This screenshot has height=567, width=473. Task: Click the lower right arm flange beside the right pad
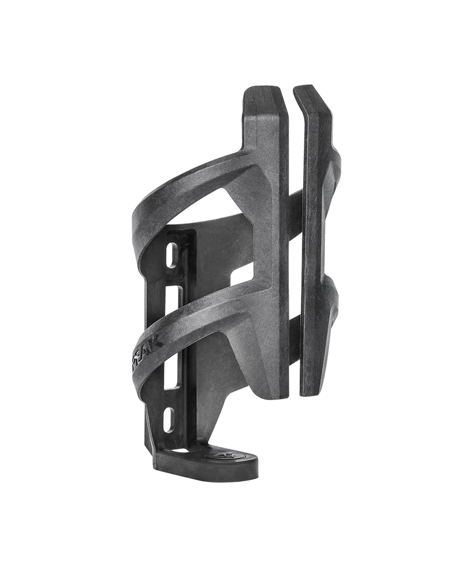click(334, 314)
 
